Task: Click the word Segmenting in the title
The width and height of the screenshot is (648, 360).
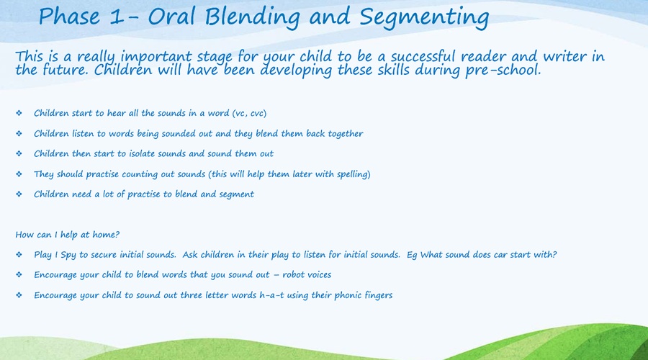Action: (x=424, y=18)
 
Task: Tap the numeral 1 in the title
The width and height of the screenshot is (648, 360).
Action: (x=117, y=17)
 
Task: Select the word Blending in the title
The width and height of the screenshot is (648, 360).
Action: (x=253, y=18)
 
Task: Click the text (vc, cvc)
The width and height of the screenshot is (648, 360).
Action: (x=249, y=113)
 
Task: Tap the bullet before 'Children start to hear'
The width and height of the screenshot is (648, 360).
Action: (x=19, y=113)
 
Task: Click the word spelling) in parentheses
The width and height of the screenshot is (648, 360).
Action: (x=354, y=174)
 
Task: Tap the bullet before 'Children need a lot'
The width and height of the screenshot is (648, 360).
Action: (x=19, y=194)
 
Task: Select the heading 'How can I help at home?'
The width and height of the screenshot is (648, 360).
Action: (x=68, y=235)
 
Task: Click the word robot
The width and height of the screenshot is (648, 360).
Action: (x=294, y=275)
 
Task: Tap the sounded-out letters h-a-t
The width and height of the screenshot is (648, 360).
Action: (x=271, y=295)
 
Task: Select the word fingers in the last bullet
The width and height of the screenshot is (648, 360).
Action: (x=378, y=295)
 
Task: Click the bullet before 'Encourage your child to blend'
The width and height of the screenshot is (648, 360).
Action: (x=19, y=274)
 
